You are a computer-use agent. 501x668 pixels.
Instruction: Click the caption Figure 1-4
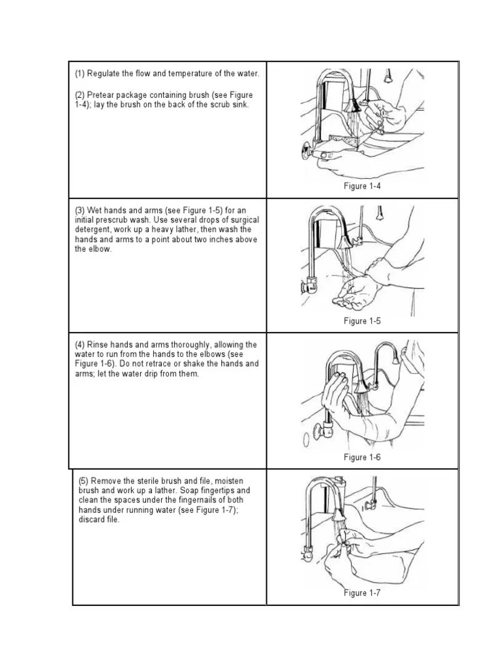pos(362,187)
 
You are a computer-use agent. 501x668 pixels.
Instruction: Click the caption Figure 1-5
pos(362,321)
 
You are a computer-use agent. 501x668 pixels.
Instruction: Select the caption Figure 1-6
pos(362,457)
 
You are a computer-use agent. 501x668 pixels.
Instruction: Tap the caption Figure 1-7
pos(362,592)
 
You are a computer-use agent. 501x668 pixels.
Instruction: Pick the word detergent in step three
pos(93,230)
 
